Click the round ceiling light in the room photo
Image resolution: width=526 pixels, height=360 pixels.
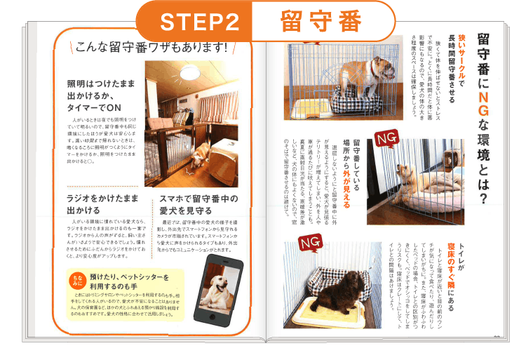[x=190, y=72]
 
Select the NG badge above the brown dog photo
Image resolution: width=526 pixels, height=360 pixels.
[x=309, y=242]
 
